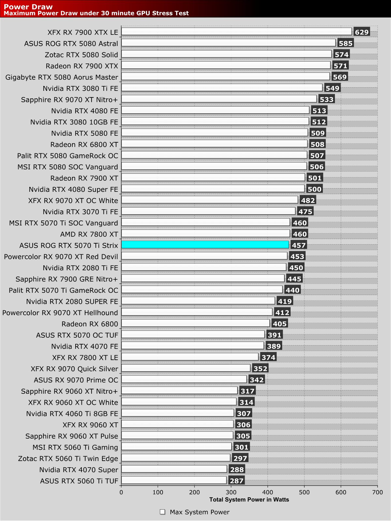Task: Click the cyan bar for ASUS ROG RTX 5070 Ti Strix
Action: point(205,245)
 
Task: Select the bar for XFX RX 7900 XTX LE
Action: point(236,32)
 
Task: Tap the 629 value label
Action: point(362,32)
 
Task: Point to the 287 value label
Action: point(237,481)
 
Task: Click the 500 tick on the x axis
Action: point(304,492)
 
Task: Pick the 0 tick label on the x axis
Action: point(121,492)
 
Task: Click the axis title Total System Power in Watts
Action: point(249,500)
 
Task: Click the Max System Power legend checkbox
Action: point(163,512)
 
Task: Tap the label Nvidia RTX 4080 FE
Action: point(84,111)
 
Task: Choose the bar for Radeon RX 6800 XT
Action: point(214,144)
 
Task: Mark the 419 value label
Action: point(285,301)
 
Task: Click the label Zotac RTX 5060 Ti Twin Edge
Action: point(68,458)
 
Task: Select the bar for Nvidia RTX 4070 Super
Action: point(174,469)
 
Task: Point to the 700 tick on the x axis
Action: point(378,492)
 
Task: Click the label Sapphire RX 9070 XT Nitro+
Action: point(69,100)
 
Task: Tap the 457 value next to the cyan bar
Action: point(299,245)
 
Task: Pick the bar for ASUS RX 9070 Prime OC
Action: point(184,379)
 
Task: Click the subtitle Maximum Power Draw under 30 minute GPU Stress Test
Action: point(96,13)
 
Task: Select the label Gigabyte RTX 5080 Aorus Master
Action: point(62,77)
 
